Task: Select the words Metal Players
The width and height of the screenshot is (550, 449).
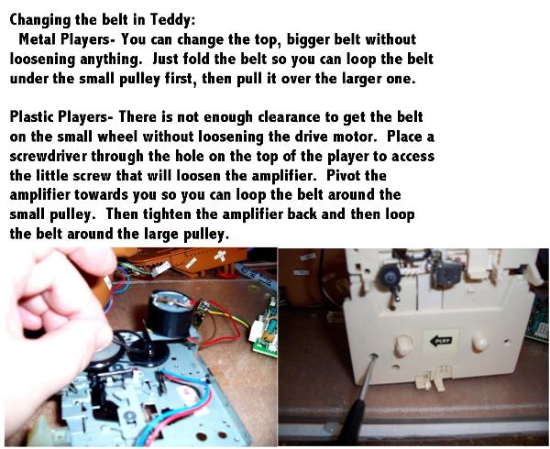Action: pyautogui.click(x=65, y=38)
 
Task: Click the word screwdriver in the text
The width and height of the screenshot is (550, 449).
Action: pyautogui.click(x=49, y=156)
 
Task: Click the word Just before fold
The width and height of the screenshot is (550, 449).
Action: pyautogui.click(x=168, y=59)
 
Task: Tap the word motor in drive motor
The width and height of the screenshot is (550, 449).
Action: pyautogui.click(x=354, y=137)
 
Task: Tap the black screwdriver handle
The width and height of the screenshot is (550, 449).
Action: pyautogui.click(x=352, y=422)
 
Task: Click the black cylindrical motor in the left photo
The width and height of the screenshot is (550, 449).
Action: pyautogui.click(x=170, y=314)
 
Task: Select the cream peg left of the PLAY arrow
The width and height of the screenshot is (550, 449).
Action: pyautogui.click(x=403, y=345)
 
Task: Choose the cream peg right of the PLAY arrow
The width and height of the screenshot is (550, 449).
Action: pyautogui.click(x=479, y=343)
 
